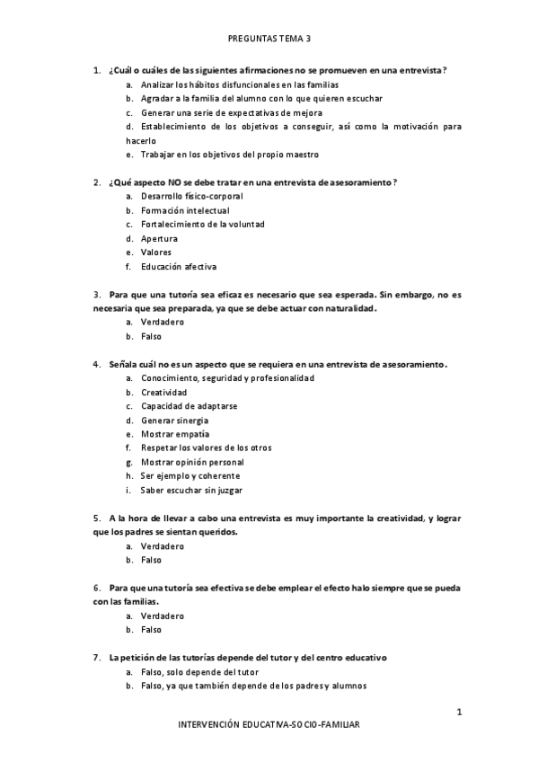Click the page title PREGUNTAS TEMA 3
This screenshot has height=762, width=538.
tap(269, 39)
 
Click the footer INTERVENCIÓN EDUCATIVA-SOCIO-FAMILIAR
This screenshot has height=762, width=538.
tap(269, 724)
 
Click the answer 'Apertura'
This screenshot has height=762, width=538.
tap(159, 239)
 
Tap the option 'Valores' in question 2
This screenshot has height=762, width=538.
tap(157, 253)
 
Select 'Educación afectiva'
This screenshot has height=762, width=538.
tap(179, 267)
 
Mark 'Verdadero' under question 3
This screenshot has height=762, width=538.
tap(163, 322)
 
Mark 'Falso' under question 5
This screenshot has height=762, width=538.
tap(151, 560)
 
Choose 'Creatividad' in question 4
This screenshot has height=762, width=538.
tap(163, 393)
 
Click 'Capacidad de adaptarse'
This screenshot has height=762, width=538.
tap(189, 406)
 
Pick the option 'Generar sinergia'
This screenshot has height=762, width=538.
tap(174, 421)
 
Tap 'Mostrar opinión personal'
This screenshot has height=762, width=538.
tap(192, 462)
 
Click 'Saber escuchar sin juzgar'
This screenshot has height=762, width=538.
tap(191, 491)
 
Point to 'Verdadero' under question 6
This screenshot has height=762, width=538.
tap(163, 616)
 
